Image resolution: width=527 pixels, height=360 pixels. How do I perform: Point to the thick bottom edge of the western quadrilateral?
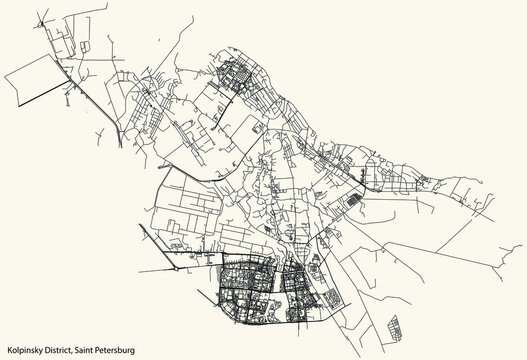pos(50,99)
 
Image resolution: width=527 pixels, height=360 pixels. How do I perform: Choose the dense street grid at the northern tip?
pos(240,74)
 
